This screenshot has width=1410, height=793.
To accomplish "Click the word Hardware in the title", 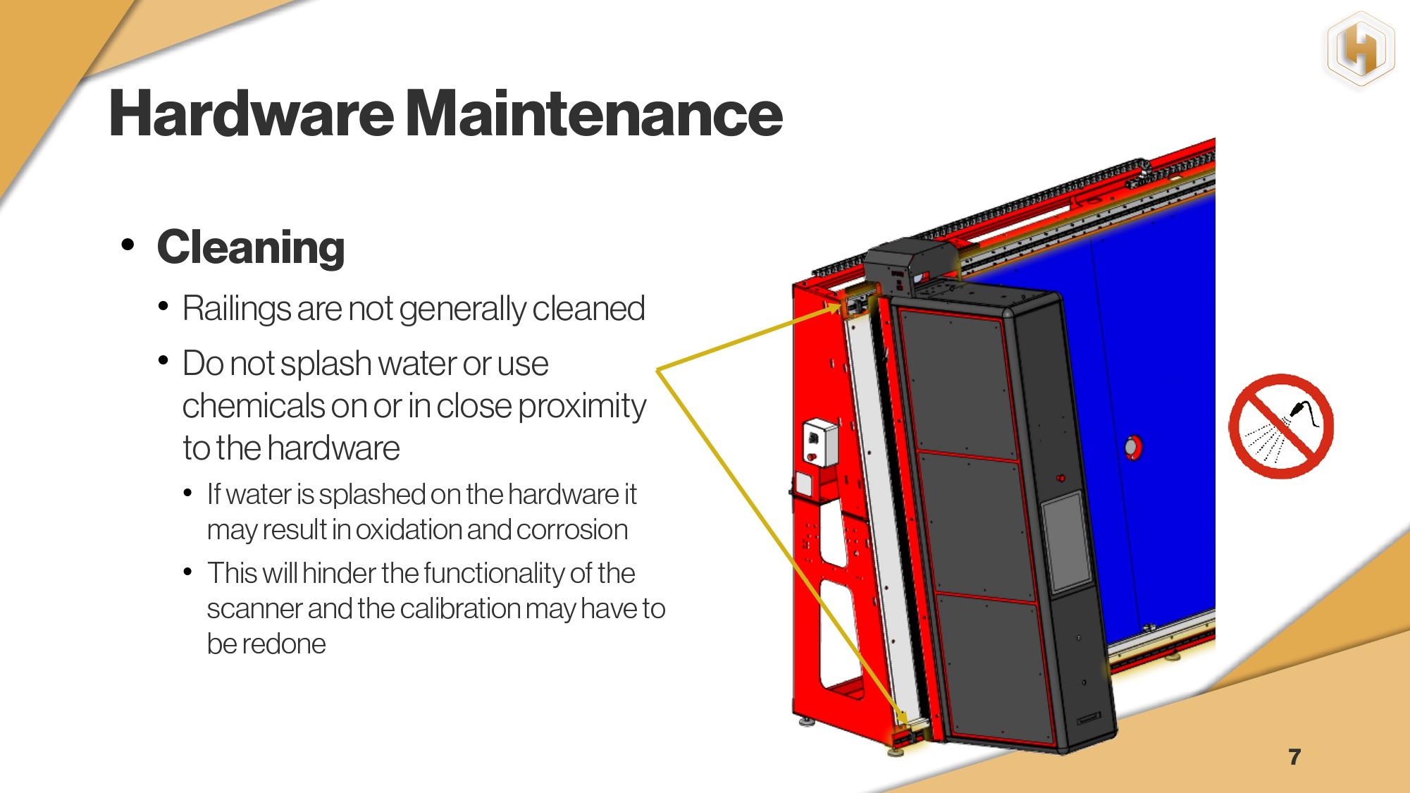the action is (x=252, y=113).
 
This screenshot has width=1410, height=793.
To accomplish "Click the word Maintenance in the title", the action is (x=595, y=113).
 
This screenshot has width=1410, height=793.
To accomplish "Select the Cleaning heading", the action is (x=251, y=247).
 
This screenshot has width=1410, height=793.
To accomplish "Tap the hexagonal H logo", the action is (x=1361, y=51).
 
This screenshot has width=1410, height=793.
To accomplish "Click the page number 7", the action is (x=1294, y=756).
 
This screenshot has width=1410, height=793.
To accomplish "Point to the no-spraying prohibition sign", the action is (x=1281, y=426).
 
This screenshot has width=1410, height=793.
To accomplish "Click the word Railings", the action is (x=237, y=309).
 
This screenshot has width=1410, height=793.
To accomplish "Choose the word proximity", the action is (x=582, y=407).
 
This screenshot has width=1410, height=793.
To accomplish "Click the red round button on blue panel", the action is (x=1132, y=447).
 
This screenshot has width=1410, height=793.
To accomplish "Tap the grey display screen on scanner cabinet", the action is (x=1067, y=541).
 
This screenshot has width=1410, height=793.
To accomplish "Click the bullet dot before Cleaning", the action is (x=128, y=245).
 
